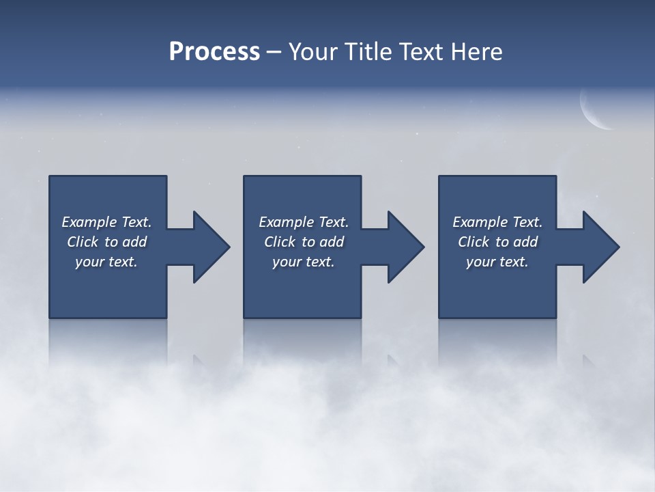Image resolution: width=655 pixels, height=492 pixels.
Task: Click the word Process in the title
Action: point(214,52)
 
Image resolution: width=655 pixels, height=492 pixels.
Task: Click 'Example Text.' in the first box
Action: point(106,222)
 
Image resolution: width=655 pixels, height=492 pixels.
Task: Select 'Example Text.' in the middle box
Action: point(304,222)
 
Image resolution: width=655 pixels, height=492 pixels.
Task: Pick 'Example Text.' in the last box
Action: point(497,222)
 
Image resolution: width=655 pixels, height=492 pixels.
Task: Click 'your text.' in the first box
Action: point(106,262)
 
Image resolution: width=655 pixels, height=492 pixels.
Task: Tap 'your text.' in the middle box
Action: point(304,262)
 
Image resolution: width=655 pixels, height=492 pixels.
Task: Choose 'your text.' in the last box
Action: point(497,262)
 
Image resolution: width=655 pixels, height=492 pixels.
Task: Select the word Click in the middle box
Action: point(280,242)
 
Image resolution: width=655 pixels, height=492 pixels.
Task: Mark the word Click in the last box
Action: point(474,242)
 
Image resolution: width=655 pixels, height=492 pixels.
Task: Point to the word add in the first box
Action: point(135,242)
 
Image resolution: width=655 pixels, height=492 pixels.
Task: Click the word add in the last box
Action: point(526,242)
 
